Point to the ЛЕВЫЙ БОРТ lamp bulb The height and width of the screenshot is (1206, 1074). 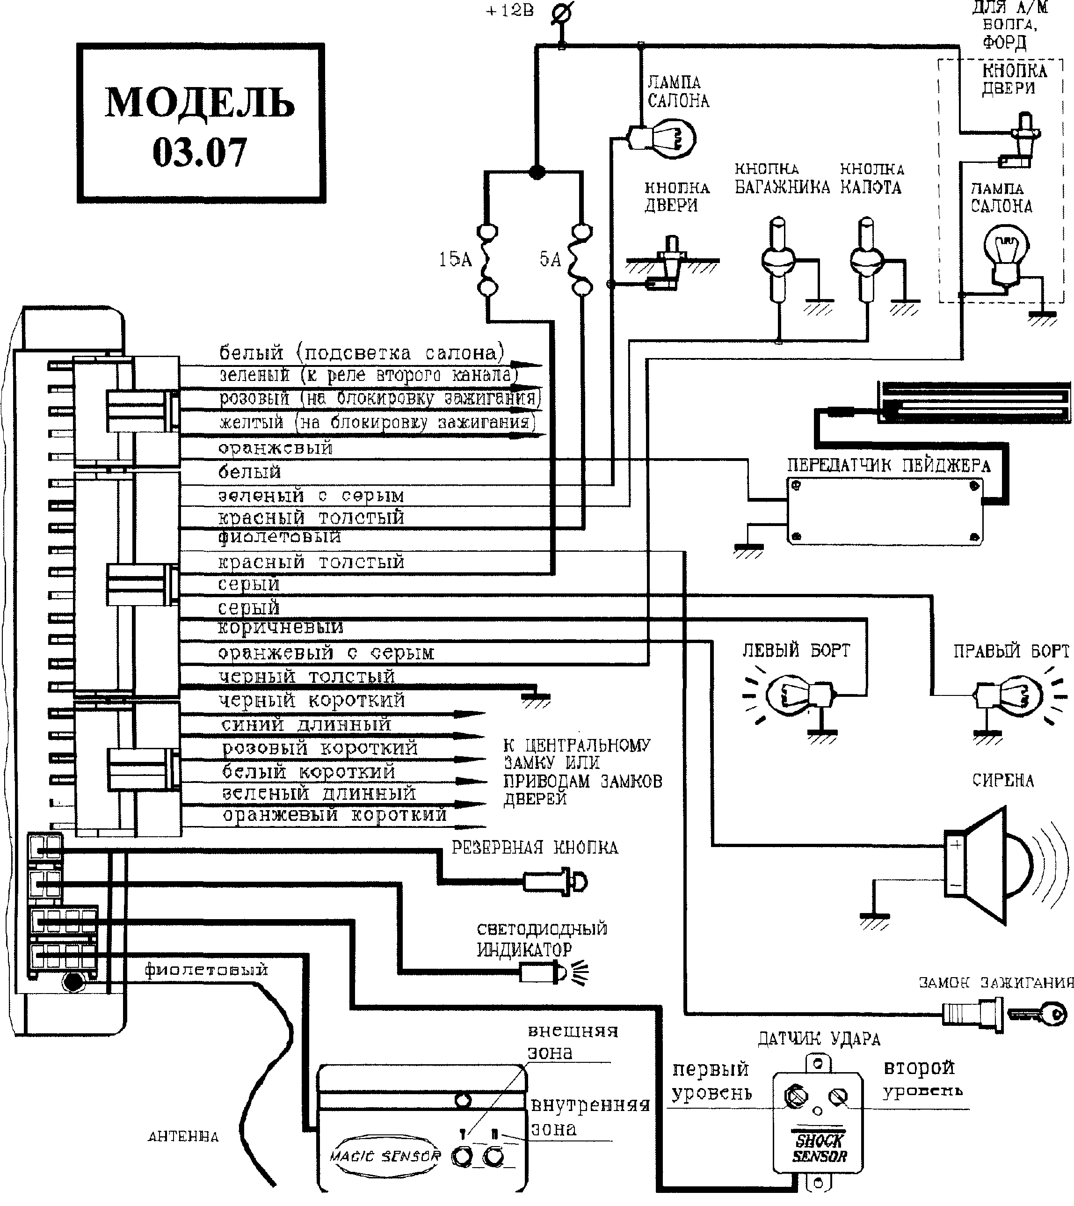click(x=791, y=694)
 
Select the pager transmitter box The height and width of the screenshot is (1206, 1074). click(x=885, y=511)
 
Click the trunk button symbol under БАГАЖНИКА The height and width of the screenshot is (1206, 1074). click(x=778, y=260)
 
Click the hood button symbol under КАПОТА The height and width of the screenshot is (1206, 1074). click(x=866, y=260)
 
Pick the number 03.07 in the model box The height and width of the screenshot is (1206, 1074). click(x=199, y=152)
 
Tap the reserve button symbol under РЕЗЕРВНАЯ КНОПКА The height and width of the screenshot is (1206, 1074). click(x=555, y=883)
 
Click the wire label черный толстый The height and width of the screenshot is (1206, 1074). click(x=306, y=677)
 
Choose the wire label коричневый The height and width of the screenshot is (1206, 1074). click(x=280, y=628)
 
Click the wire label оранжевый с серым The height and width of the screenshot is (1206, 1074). click(x=326, y=653)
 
